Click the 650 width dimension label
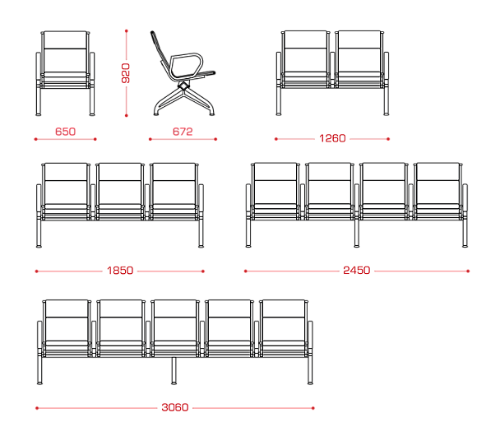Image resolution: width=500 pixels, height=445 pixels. click(65, 132)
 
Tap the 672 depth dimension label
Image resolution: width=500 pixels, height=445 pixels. click(183, 132)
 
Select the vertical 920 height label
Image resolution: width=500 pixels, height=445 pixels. click(126, 73)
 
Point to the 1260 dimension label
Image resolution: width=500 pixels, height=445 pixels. click(332, 138)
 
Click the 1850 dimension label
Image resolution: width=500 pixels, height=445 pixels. click(120, 271)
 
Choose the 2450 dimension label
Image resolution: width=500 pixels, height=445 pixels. click(357, 271)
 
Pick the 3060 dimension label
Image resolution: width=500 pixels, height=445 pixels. click(174, 407)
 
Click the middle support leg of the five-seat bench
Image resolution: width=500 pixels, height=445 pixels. click(174, 371)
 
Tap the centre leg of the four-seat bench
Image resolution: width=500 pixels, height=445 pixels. click(357, 234)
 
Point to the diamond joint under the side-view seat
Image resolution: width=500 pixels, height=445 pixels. click(183, 86)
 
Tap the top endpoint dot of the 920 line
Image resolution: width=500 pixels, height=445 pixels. click(127, 31)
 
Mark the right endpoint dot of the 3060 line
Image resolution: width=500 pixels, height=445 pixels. click(313, 408)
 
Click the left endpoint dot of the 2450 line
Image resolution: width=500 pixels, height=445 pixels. click(246, 271)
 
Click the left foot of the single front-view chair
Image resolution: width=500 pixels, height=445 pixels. click(39, 114)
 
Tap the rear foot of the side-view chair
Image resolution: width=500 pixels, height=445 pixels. click(156, 114)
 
